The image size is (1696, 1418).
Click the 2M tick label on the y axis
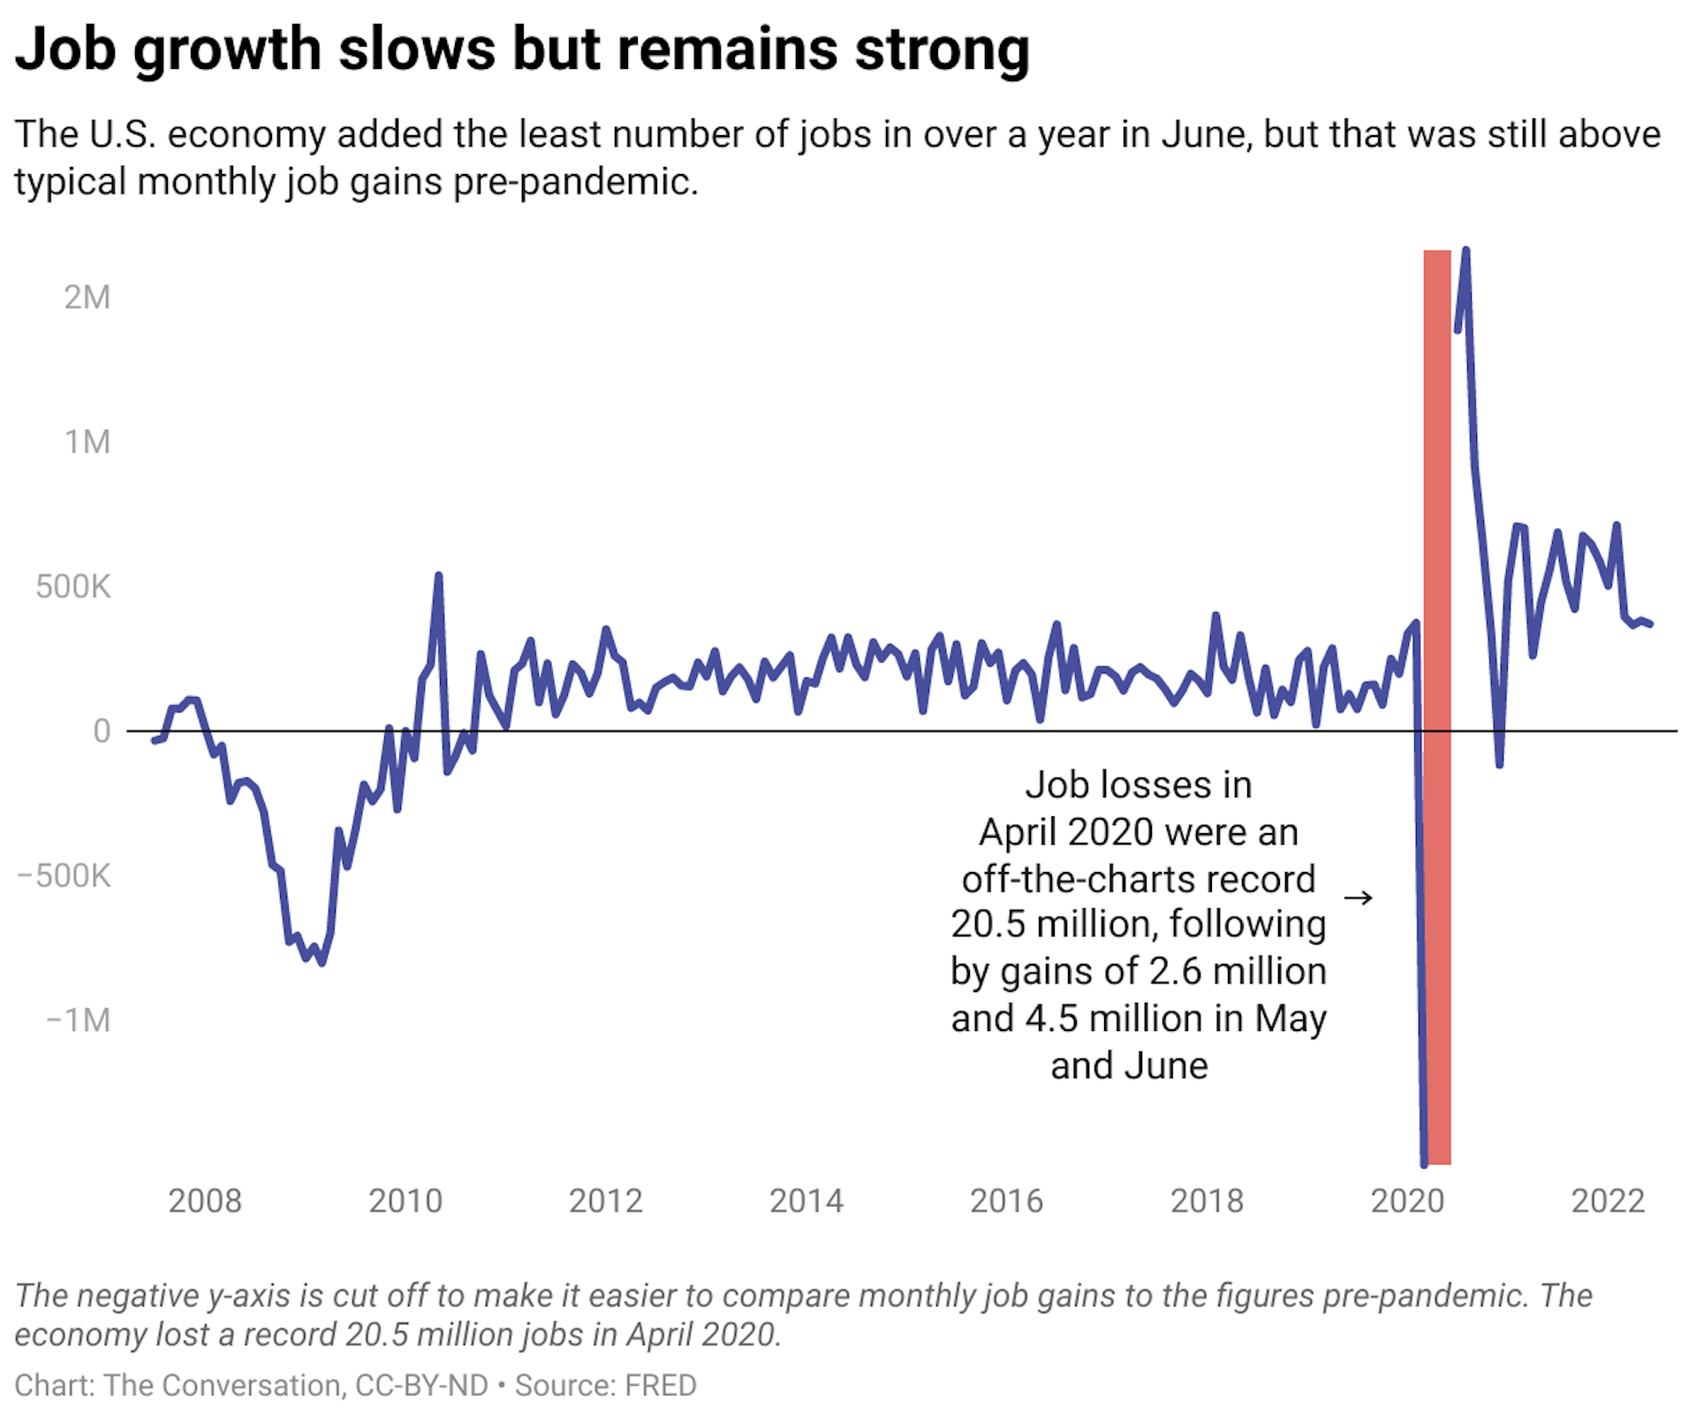pyautogui.click(x=87, y=298)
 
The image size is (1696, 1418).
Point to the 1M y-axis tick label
pyautogui.click(x=87, y=442)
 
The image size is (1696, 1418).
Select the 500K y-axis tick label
pyautogui.click(x=72, y=587)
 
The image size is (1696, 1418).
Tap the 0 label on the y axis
pyautogui.click(x=102, y=732)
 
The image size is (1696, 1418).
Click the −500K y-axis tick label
pyautogui.click(x=64, y=876)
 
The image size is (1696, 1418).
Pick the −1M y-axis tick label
pyautogui.click(x=78, y=1020)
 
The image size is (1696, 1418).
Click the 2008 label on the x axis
pyautogui.click(x=204, y=1202)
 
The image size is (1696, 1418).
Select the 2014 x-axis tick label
pyautogui.click(x=806, y=1202)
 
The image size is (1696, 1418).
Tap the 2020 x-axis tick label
pyautogui.click(x=1406, y=1202)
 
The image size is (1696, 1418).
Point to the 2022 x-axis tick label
pyautogui.click(x=1608, y=1202)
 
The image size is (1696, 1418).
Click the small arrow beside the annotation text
pyautogui.click(x=1358, y=899)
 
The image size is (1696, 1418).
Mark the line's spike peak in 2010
pyautogui.click(x=438, y=576)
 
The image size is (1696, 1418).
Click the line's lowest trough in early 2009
pyautogui.click(x=322, y=962)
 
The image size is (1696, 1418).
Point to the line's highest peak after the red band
pyautogui.click(x=1466, y=251)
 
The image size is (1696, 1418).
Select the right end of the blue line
pyautogui.click(x=1650, y=625)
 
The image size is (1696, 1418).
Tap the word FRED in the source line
pyautogui.click(x=661, y=1385)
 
